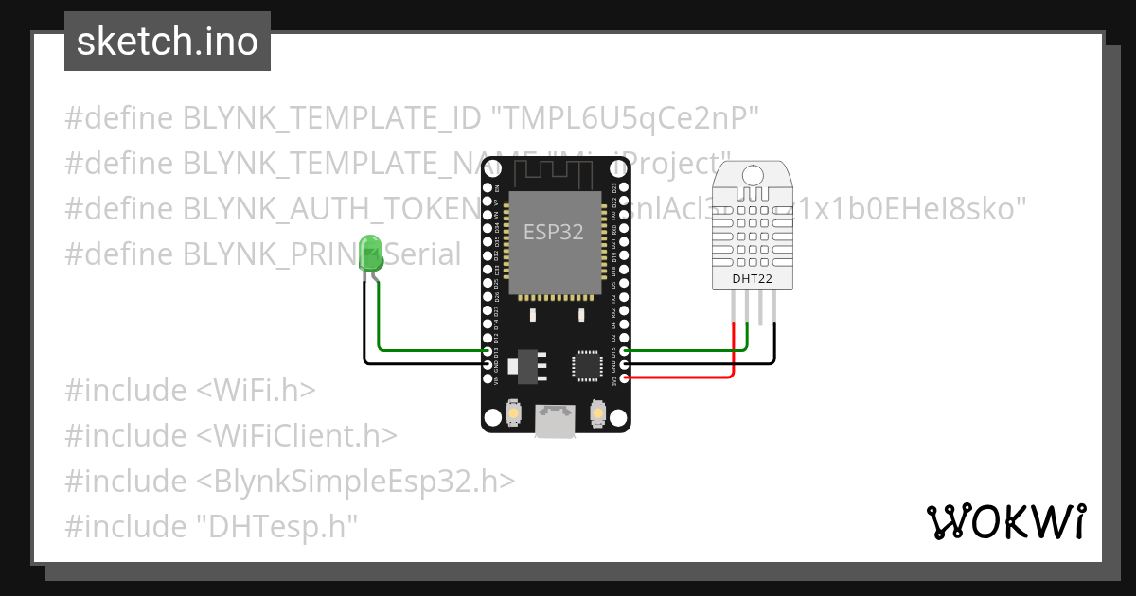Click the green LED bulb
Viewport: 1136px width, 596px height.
[371, 252]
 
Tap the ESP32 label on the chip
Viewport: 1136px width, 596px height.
[554, 231]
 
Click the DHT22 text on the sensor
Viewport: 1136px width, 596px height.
[754, 279]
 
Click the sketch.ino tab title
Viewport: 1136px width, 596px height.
[168, 43]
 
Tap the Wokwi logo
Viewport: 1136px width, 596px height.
[1004, 521]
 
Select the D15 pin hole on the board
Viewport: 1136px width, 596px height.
[623, 351]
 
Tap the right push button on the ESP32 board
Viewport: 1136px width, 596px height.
[597, 412]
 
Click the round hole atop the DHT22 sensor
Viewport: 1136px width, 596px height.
[754, 175]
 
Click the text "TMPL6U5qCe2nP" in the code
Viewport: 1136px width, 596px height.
[626, 118]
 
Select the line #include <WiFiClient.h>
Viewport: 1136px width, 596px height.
[231, 435]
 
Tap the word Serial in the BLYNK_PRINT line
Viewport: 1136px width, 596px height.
[426, 254]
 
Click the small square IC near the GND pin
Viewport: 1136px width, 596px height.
[586, 365]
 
